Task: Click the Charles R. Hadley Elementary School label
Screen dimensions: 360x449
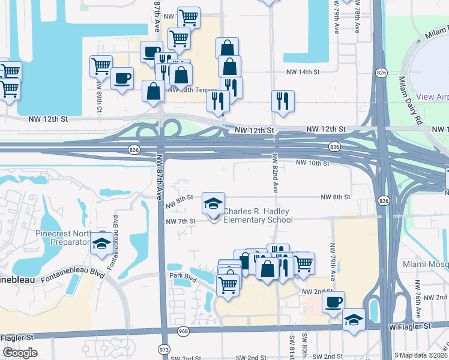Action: click(258, 215)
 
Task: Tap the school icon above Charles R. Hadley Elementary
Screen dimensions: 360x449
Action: click(213, 204)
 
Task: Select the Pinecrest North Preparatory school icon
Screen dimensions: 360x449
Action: click(101, 244)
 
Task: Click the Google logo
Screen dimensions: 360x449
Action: click(20, 353)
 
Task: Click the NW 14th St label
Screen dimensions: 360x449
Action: click(301, 71)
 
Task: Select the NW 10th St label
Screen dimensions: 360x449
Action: click(313, 163)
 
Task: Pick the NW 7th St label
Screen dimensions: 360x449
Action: click(181, 221)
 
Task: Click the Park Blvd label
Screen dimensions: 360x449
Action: click(182, 278)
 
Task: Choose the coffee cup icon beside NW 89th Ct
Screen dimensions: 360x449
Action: click(122, 78)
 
